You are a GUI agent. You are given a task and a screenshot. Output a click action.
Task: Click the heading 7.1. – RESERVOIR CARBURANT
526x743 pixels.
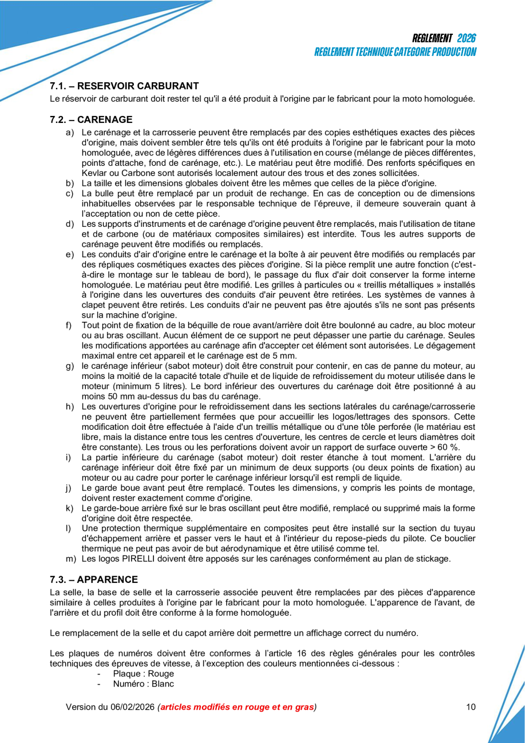pos(124,86)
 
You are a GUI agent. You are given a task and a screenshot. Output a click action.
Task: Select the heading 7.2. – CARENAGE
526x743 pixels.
pos(91,120)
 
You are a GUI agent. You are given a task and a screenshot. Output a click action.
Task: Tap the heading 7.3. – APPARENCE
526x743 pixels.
pos(94,580)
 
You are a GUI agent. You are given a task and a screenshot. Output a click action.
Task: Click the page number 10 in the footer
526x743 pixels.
pos(471,707)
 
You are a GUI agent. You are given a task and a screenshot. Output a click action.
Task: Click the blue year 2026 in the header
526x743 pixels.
pos(466,38)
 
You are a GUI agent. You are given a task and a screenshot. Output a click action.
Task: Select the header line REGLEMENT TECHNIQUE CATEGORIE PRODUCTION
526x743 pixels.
pos(395,52)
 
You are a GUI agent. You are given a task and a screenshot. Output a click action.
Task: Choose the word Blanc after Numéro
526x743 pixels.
pos(163,684)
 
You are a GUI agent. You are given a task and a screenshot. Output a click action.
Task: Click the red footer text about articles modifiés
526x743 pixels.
pos(238,707)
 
